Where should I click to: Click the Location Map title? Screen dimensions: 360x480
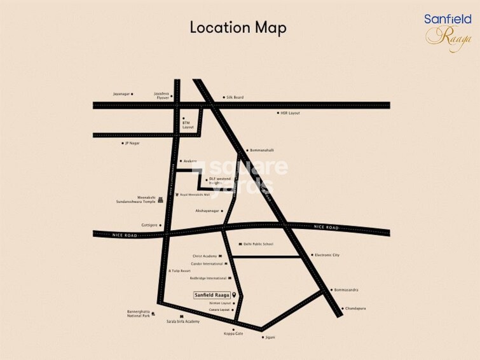coord(238,27)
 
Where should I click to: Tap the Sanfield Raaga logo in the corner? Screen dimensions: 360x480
coord(448,30)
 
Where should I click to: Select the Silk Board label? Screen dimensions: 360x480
coord(235,97)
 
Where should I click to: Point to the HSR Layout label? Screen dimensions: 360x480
coord(290,113)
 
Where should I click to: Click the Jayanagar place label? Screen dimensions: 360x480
coord(121,93)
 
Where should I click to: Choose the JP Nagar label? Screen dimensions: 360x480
coord(132,143)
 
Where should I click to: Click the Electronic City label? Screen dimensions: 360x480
coord(327,255)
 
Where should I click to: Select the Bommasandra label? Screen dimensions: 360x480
coord(346,290)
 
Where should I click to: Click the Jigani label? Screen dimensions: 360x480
coord(270,337)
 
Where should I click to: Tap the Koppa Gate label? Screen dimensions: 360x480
coord(233,333)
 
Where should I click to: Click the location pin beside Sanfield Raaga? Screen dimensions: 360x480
coord(235,295)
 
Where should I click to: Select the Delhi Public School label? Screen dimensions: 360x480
coord(258,244)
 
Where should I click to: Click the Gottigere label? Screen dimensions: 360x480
coord(150,225)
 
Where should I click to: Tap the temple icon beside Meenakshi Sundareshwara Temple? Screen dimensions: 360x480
coord(160,200)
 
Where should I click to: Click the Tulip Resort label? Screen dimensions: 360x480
coord(181,270)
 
